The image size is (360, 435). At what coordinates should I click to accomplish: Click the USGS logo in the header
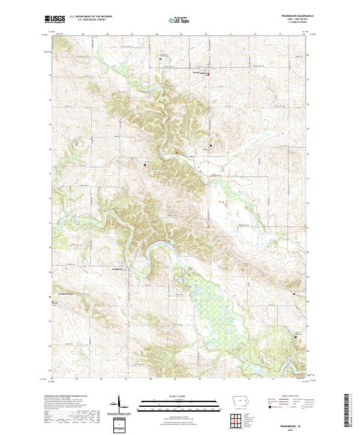[x=55, y=20]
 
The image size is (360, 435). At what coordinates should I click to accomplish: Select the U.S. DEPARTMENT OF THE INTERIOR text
[x=91, y=17]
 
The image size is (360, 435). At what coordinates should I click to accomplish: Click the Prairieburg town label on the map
[x=199, y=74]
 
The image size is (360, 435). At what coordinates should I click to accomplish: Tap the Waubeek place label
[x=118, y=269]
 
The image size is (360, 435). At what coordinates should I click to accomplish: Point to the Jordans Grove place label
[x=62, y=293]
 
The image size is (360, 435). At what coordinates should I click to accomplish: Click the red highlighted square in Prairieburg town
[x=209, y=74]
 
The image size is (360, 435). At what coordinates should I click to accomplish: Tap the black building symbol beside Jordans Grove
[x=51, y=302]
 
